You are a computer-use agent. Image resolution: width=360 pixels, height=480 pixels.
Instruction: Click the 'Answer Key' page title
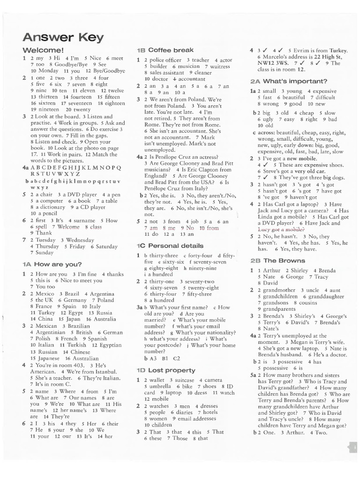pyautogui.click(x=63, y=37)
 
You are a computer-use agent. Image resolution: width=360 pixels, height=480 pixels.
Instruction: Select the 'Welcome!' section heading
pyautogui.click(x=43, y=50)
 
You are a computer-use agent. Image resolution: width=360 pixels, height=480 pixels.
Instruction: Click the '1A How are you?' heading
pyautogui.click(x=52, y=264)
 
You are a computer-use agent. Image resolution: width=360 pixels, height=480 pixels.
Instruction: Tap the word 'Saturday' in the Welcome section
pyautogui.click(x=107, y=246)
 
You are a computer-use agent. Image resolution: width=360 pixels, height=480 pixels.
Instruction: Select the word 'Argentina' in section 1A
pyautogui.click(x=102, y=294)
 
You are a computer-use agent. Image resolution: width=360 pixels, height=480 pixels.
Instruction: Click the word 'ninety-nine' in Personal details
pyautogui.click(x=203, y=268)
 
